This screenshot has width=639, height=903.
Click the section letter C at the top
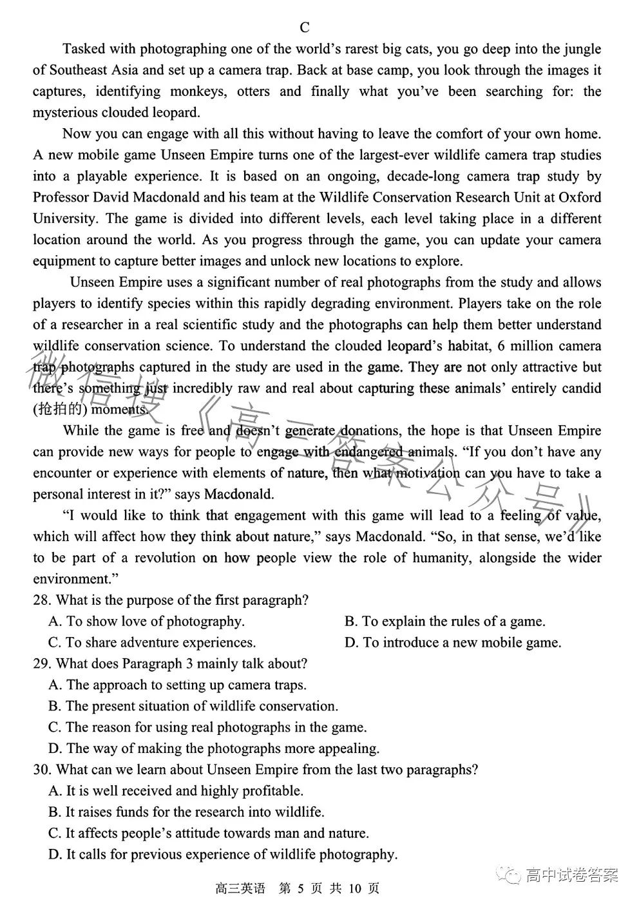pos(305,28)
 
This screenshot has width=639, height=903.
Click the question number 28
pos(42,600)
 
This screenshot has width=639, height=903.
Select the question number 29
pos(42,663)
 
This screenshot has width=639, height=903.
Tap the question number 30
pos(42,770)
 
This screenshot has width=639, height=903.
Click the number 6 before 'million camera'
pos(502,346)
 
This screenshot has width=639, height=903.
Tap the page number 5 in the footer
pos(300,889)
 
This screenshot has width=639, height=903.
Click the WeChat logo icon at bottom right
pos(513,876)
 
